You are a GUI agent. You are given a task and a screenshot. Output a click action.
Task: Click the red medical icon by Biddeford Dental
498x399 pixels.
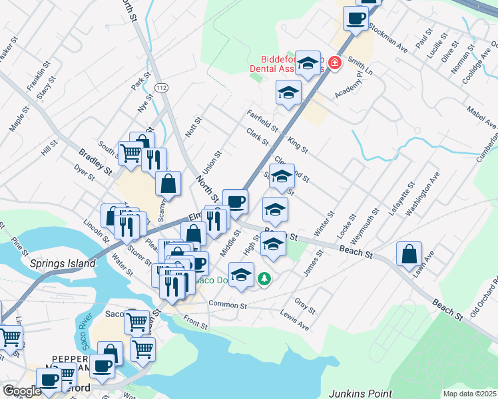pos(334,63)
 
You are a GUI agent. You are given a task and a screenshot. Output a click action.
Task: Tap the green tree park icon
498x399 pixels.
pos(265,278)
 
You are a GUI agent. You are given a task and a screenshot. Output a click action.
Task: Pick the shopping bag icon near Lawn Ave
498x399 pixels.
pos(409,254)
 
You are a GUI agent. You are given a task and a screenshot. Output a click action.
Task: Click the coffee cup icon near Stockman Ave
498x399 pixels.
pos(356,18)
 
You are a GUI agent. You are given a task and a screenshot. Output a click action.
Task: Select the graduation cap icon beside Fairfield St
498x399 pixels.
pos(288,92)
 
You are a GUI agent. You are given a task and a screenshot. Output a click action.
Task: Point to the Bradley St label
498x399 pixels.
pos(95,162)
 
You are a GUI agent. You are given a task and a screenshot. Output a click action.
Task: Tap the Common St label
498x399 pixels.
pos(227,305)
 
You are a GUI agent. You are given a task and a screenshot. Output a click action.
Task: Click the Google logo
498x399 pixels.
pos(22,391)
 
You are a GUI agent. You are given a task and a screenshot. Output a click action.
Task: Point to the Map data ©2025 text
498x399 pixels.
pos(471,394)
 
